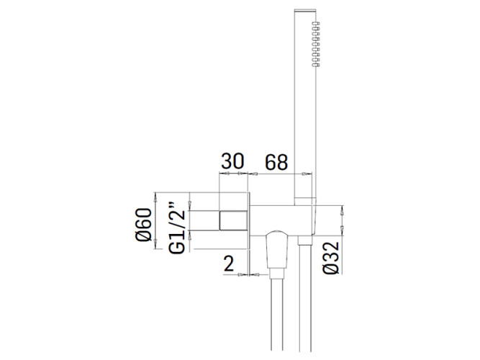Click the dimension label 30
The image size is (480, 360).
pos(232,161)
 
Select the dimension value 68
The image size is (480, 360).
pos(276,163)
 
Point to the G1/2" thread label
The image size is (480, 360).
pos(177,228)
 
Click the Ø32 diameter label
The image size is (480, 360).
pos(331,258)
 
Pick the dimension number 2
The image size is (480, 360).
pos(229,264)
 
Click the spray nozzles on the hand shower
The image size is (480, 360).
pos(316,44)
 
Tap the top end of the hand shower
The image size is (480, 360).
pos(304,10)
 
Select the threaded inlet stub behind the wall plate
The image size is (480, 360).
pos(233,220)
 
